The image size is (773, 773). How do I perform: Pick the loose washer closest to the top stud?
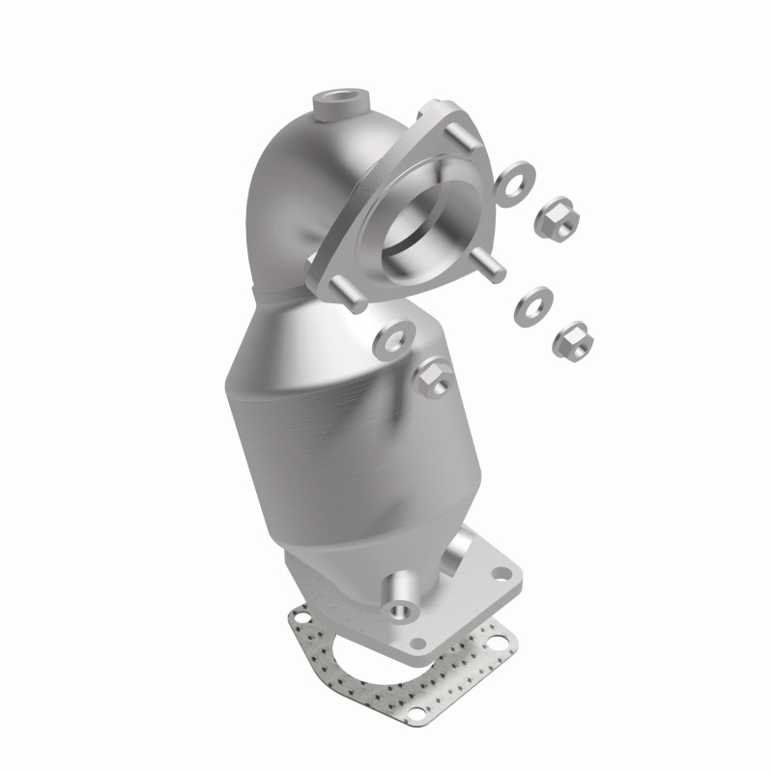[x=513, y=181]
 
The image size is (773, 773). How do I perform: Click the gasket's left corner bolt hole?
[x=301, y=615]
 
